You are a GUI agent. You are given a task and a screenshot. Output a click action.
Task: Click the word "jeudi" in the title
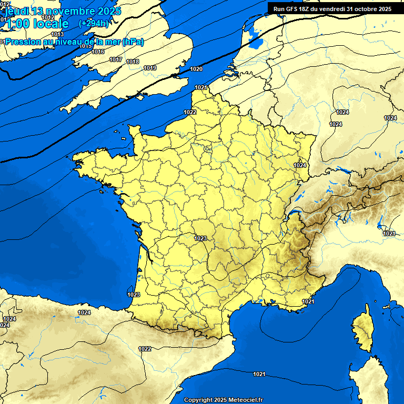click(x=16, y=11)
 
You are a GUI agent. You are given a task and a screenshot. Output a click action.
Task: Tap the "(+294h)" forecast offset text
click(x=94, y=24)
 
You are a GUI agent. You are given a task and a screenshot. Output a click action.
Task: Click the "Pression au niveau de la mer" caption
click(x=63, y=42)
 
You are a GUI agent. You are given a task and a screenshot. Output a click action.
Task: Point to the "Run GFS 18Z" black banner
click(x=332, y=9)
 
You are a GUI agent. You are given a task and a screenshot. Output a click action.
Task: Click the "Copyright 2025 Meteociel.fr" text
click(x=223, y=400)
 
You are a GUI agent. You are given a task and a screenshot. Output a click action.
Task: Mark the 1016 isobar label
click(x=98, y=52)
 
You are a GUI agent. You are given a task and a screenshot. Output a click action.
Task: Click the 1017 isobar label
click(x=116, y=59)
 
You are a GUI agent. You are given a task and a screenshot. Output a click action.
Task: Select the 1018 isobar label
click(x=133, y=62)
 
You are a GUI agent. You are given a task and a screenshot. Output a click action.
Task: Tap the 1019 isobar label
click(x=150, y=68)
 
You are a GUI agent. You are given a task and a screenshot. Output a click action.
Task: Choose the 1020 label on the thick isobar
click(x=196, y=69)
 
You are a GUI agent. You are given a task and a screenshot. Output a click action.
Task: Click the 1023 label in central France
click(x=200, y=238)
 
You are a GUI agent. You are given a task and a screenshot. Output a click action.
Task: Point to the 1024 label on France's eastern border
click(x=300, y=165)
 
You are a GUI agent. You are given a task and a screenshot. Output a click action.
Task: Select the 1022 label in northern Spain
click(x=145, y=349)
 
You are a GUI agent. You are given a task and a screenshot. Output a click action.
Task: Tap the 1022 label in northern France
click(x=190, y=112)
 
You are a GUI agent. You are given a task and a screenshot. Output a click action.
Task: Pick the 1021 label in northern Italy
click(x=389, y=234)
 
